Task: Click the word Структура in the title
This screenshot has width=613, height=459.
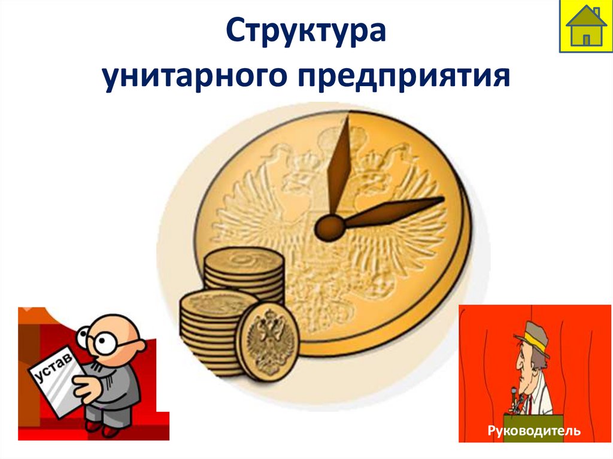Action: pos(306,31)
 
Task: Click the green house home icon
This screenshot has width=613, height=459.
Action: pos(585,26)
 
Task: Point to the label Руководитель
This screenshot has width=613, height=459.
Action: pos(534,430)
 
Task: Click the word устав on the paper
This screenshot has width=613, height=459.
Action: pos(52,367)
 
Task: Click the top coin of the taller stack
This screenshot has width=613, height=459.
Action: pos(242,262)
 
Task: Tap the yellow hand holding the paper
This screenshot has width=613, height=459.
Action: pos(84,389)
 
